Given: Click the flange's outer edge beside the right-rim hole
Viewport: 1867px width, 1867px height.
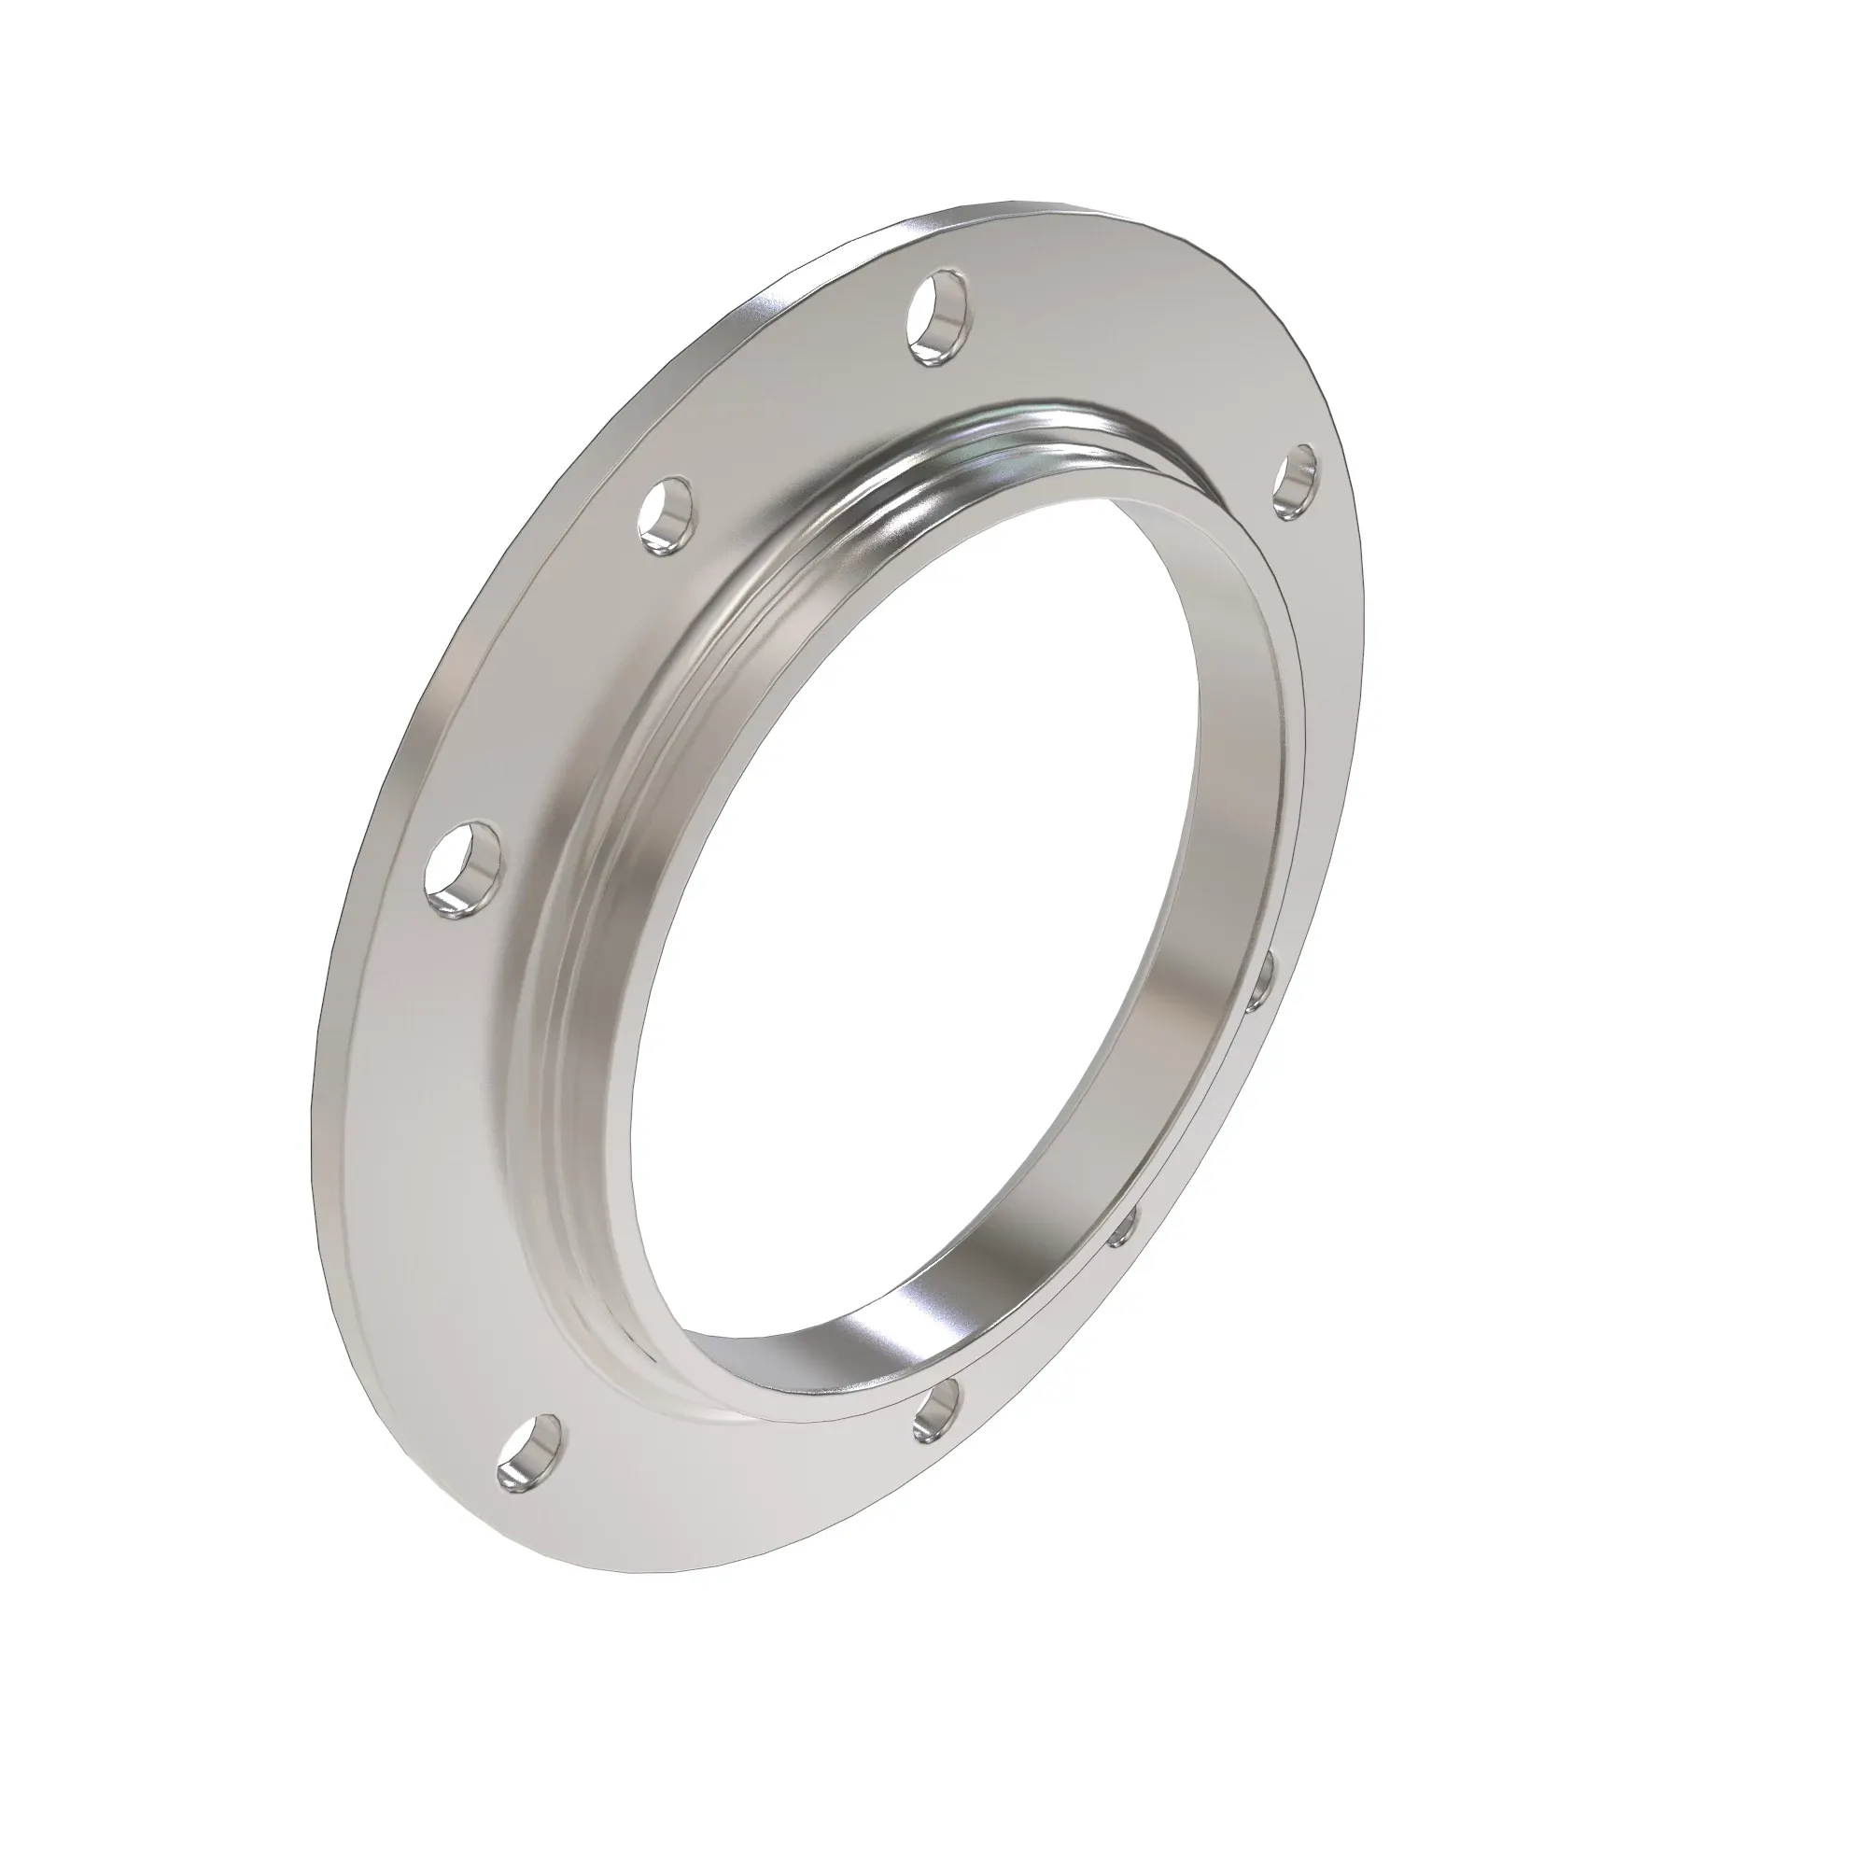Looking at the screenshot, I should pyautogui.click(x=1348, y=502).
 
